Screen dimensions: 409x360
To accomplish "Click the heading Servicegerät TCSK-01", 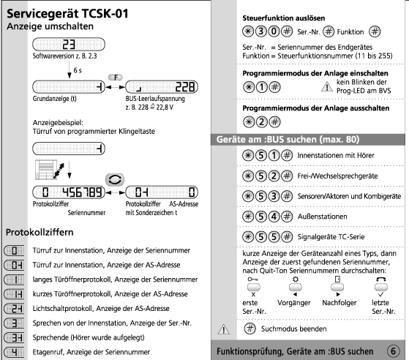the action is [67, 14].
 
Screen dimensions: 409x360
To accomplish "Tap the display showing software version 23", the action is [69, 45].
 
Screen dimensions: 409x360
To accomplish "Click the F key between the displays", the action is [116, 78].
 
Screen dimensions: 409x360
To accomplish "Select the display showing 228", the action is [162, 86].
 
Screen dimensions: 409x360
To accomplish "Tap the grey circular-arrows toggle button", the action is [115, 180].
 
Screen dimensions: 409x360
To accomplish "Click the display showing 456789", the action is [69, 192].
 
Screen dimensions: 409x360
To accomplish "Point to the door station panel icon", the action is [46, 170].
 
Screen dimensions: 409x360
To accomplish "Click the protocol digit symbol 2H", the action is [14, 309].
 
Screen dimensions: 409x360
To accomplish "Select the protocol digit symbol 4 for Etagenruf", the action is [14, 353].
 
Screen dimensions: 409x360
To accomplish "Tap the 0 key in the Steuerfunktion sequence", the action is [274, 31].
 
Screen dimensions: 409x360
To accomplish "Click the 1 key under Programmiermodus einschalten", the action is [262, 87].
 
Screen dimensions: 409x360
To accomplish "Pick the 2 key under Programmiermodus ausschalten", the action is [262, 121].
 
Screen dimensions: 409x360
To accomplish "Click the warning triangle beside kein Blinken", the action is [327, 87].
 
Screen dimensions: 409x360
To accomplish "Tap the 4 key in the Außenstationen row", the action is [274, 217].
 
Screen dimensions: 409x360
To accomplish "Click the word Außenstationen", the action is [323, 217].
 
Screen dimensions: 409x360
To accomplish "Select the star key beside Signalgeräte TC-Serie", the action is [248, 237].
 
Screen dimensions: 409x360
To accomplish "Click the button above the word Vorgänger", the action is [296, 288].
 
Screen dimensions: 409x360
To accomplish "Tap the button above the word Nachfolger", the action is [337, 288].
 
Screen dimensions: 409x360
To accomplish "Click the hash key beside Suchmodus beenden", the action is [250, 329].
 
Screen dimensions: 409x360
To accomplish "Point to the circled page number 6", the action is [393, 351].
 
